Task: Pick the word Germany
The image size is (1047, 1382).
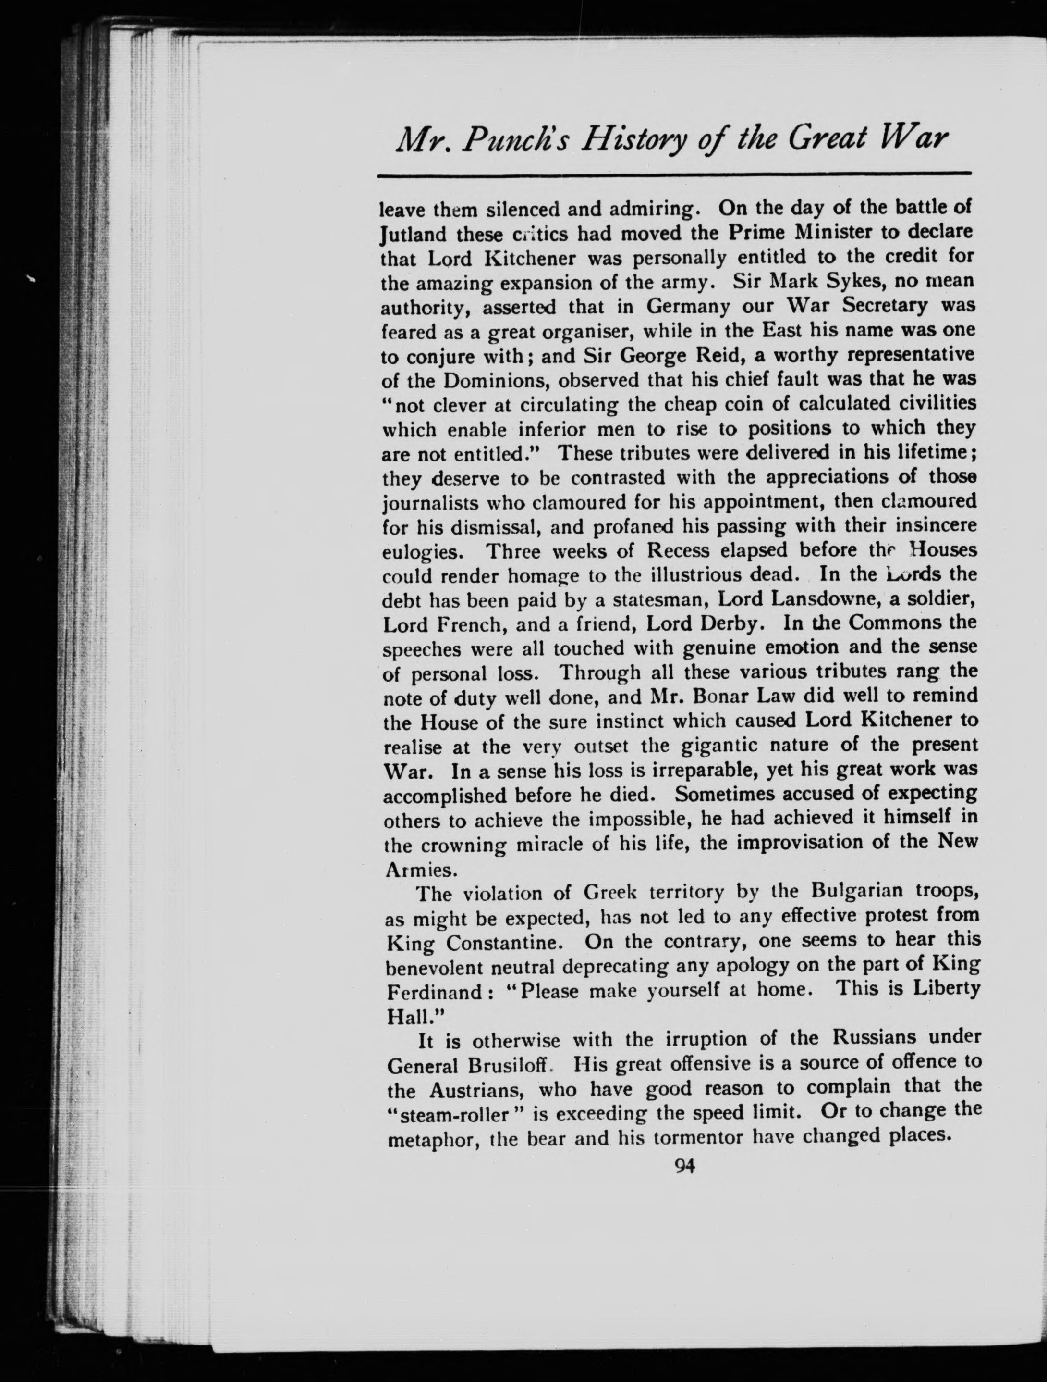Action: pos(691,307)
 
